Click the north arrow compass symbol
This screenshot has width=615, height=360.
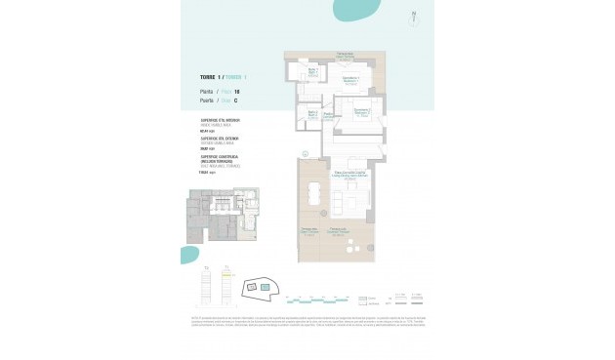coord(415,14)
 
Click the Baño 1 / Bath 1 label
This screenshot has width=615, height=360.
coord(314,71)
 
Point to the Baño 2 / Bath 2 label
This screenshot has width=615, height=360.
coord(313,113)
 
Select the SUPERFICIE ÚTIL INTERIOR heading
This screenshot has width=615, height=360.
coord(221,121)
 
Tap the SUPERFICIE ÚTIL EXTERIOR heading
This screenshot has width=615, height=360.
coord(221,139)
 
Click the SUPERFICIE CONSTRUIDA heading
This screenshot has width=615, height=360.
coord(221,156)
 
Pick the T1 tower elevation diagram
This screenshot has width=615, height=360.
coord(225,286)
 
